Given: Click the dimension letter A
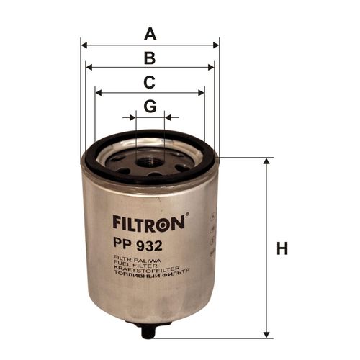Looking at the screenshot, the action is tap(150, 35).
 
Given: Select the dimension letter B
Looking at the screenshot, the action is tap(150, 58).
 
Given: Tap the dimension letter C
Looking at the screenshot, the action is tap(149, 82).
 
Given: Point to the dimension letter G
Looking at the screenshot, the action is tap(150, 106).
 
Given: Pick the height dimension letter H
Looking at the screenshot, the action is tap(282, 248).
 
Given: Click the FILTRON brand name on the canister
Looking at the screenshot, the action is tap(149, 223).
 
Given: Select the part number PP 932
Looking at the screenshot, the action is tap(138, 246).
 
